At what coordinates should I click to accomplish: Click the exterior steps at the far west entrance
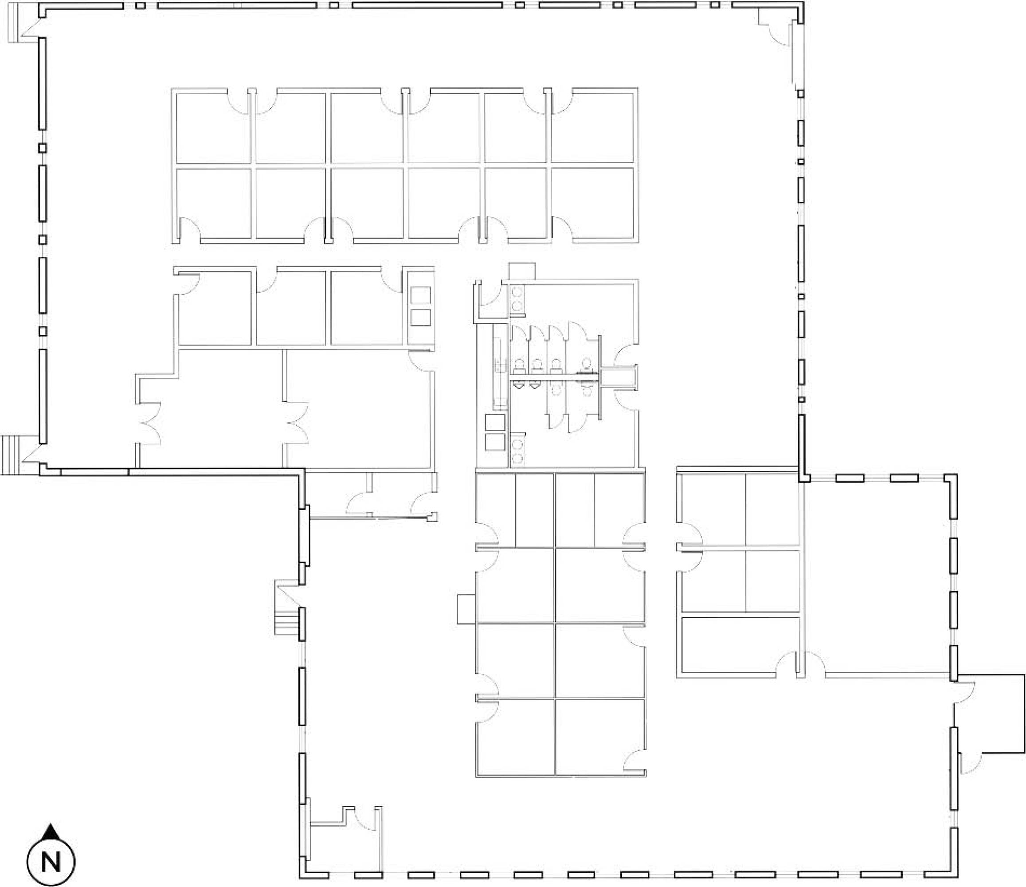point(10,455)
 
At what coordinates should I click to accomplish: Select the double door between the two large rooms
point(298,423)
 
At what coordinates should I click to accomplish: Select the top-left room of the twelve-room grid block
point(213,128)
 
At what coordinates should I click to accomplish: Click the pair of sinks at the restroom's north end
point(517,299)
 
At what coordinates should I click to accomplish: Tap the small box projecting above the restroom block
point(522,271)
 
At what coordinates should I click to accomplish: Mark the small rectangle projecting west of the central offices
point(466,608)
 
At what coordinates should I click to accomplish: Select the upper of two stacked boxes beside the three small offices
point(420,296)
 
